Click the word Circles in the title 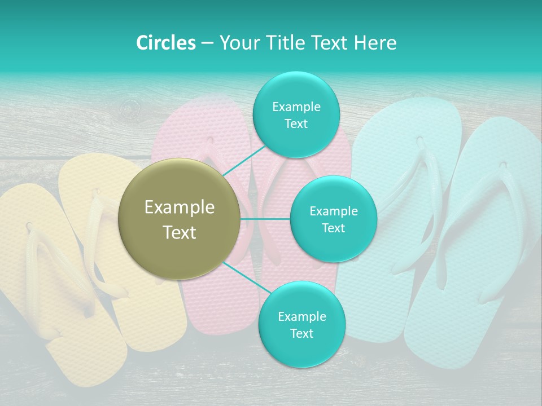tap(165, 42)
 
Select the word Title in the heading tap(279, 42)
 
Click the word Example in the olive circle tap(180, 208)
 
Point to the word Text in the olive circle tap(180, 232)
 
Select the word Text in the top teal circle tap(296, 124)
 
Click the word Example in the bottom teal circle tap(301, 316)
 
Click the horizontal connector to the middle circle tap(265, 219)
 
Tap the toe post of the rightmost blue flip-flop tap(502, 166)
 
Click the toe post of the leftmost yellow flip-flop tap(28, 226)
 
